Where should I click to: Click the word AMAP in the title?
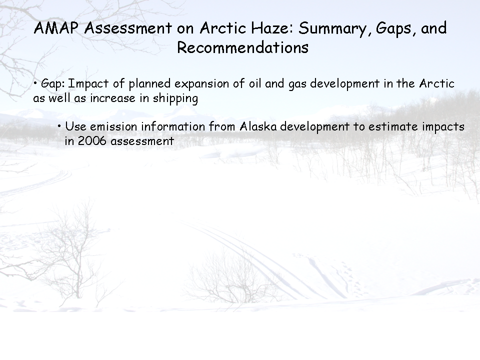(x=56, y=28)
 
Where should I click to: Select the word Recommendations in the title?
(x=243, y=47)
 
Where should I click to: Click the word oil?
(x=254, y=83)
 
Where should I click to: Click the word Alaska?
(x=258, y=126)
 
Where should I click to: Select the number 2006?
(x=92, y=141)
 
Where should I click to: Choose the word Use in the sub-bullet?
(x=75, y=126)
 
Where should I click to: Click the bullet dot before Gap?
(x=35, y=82)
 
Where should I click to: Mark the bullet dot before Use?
(x=59, y=125)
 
